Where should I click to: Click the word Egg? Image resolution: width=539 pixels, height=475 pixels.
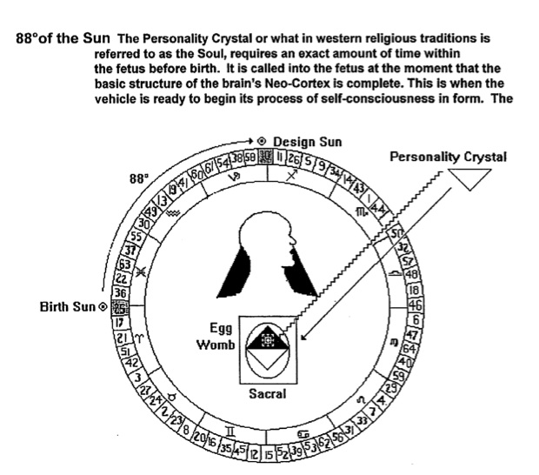tap(221, 329)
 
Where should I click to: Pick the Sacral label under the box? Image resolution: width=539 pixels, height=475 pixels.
tap(267, 394)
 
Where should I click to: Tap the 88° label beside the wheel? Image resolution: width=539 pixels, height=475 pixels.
tap(139, 177)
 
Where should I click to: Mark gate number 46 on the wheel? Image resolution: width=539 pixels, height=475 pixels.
tap(415, 304)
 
